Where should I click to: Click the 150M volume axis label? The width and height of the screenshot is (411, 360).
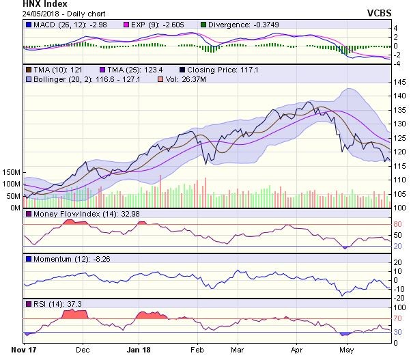[12, 172]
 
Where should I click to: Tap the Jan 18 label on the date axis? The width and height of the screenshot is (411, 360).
[139, 350]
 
